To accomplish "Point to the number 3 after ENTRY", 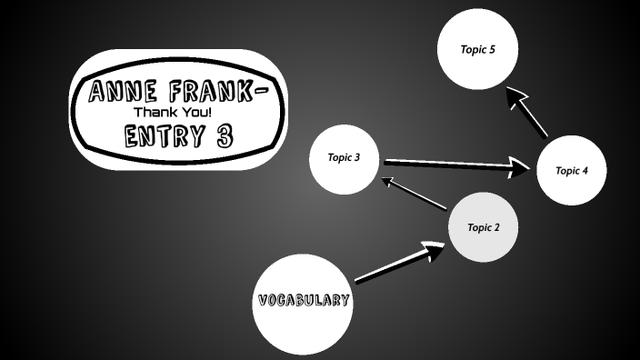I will [225, 136].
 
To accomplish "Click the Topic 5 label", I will [478, 49].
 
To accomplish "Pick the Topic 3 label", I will [344, 157].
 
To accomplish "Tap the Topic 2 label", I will [484, 227].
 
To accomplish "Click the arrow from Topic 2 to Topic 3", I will [415, 195].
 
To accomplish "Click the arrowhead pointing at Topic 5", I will [517, 97].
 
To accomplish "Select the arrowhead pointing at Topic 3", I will [387, 182].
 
